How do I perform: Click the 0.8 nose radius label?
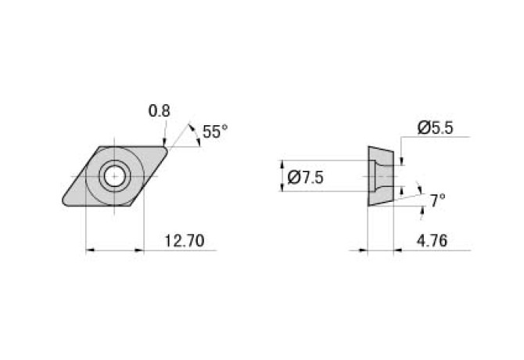pos(160,111)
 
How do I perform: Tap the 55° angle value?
pos(215,132)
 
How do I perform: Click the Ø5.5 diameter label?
pos(435,128)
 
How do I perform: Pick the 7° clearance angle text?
pos(438,201)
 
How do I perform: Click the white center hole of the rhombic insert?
pos(115,176)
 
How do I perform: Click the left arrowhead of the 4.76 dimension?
pos(363,250)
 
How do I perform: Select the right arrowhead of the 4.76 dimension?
pos(397,250)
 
